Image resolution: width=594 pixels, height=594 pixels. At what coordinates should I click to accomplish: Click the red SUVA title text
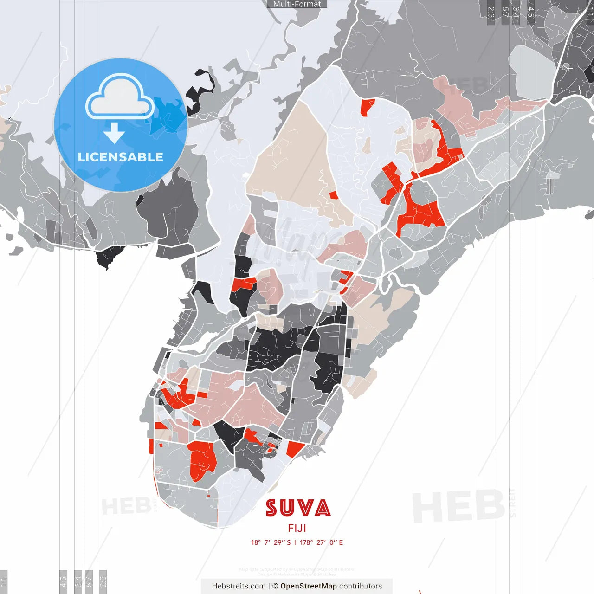click(x=298, y=508)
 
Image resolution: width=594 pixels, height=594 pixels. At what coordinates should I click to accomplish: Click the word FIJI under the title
click(x=297, y=528)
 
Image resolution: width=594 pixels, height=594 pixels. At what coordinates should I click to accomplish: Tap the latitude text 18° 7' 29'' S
click(x=271, y=542)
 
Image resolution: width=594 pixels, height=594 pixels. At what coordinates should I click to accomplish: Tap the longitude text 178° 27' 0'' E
click(x=322, y=542)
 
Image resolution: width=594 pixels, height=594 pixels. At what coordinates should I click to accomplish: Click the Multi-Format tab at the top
click(x=297, y=4)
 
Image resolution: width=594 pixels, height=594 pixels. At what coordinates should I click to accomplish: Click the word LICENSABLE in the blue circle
click(x=121, y=157)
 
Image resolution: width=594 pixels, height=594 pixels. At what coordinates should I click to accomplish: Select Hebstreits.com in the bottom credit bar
click(x=239, y=586)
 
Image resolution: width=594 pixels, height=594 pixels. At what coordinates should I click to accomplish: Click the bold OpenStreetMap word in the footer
click(x=309, y=586)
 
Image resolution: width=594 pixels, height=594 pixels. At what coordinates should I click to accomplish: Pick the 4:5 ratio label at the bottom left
click(x=63, y=580)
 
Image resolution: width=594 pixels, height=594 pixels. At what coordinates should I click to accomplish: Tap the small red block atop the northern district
click(x=367, y=107)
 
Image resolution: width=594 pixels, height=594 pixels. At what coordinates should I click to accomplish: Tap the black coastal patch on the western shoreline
click(x=110, y=256)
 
